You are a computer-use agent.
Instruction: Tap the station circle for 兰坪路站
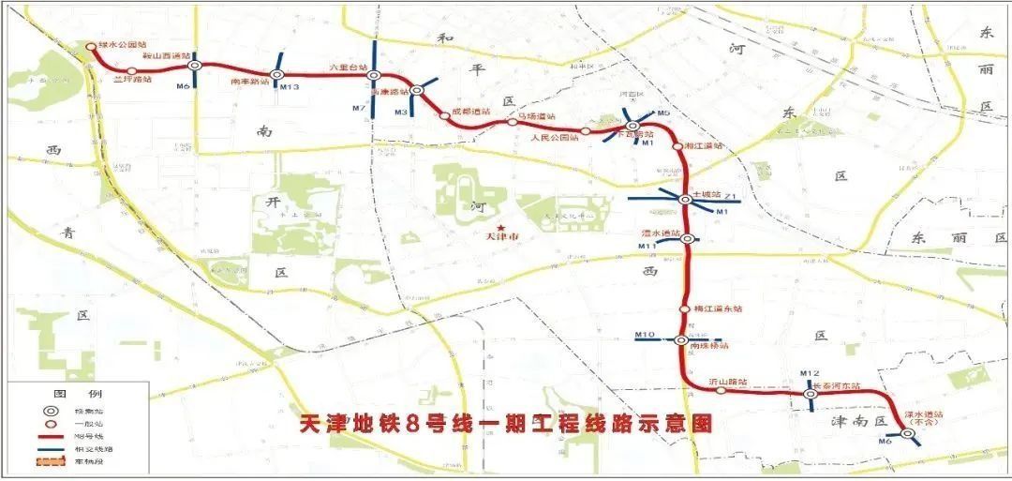[x=131, y=71]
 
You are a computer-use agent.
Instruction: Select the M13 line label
[x=290, y=87]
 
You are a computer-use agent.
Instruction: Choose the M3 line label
[x=401, y=113]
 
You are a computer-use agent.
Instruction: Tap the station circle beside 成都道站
[x=444, y=116]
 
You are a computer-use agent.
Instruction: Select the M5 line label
[x=663, y=113]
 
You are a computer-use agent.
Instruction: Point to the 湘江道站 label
[x=705, y=146]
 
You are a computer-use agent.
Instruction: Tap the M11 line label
[x=646, y=246]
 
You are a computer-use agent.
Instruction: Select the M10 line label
[x=644, y=335]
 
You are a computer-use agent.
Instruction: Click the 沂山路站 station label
[x=728, y=382]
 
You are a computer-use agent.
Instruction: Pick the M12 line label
[x=811, y=375]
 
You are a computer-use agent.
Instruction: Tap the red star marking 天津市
[x=502, y=227]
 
